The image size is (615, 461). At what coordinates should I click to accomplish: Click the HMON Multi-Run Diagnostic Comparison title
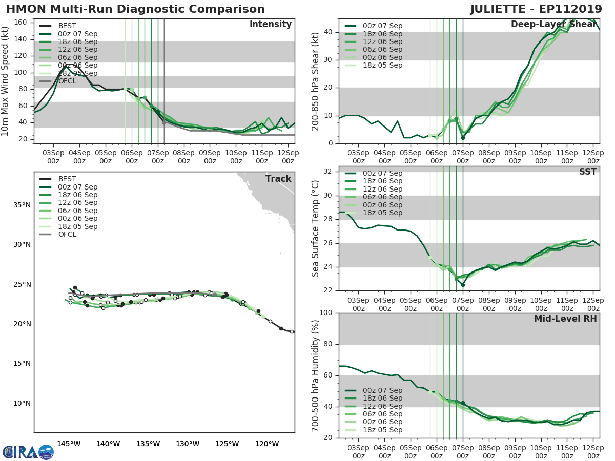click(x=135, y=9)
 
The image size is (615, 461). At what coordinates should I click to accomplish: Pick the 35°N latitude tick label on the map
click(x=22, y=205)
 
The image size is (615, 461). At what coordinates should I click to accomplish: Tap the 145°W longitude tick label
click(x=69, y=444)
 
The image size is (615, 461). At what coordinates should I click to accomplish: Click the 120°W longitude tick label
click(x=267, y=444)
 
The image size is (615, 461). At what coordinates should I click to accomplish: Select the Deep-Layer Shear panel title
click(x=553, y=25)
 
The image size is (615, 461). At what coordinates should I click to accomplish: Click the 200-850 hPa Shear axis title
click(x=316, y=81)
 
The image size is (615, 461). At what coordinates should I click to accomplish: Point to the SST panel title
click(x=587, y=172)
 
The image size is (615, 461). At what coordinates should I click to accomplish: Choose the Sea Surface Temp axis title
click(x=316, y=228)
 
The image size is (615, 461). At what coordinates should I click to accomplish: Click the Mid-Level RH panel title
click(x=565, y=319)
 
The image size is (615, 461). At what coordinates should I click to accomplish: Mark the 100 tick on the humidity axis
click(x=324, y=313)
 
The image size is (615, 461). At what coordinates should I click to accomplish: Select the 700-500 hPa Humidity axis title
click(x=316, y=375)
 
